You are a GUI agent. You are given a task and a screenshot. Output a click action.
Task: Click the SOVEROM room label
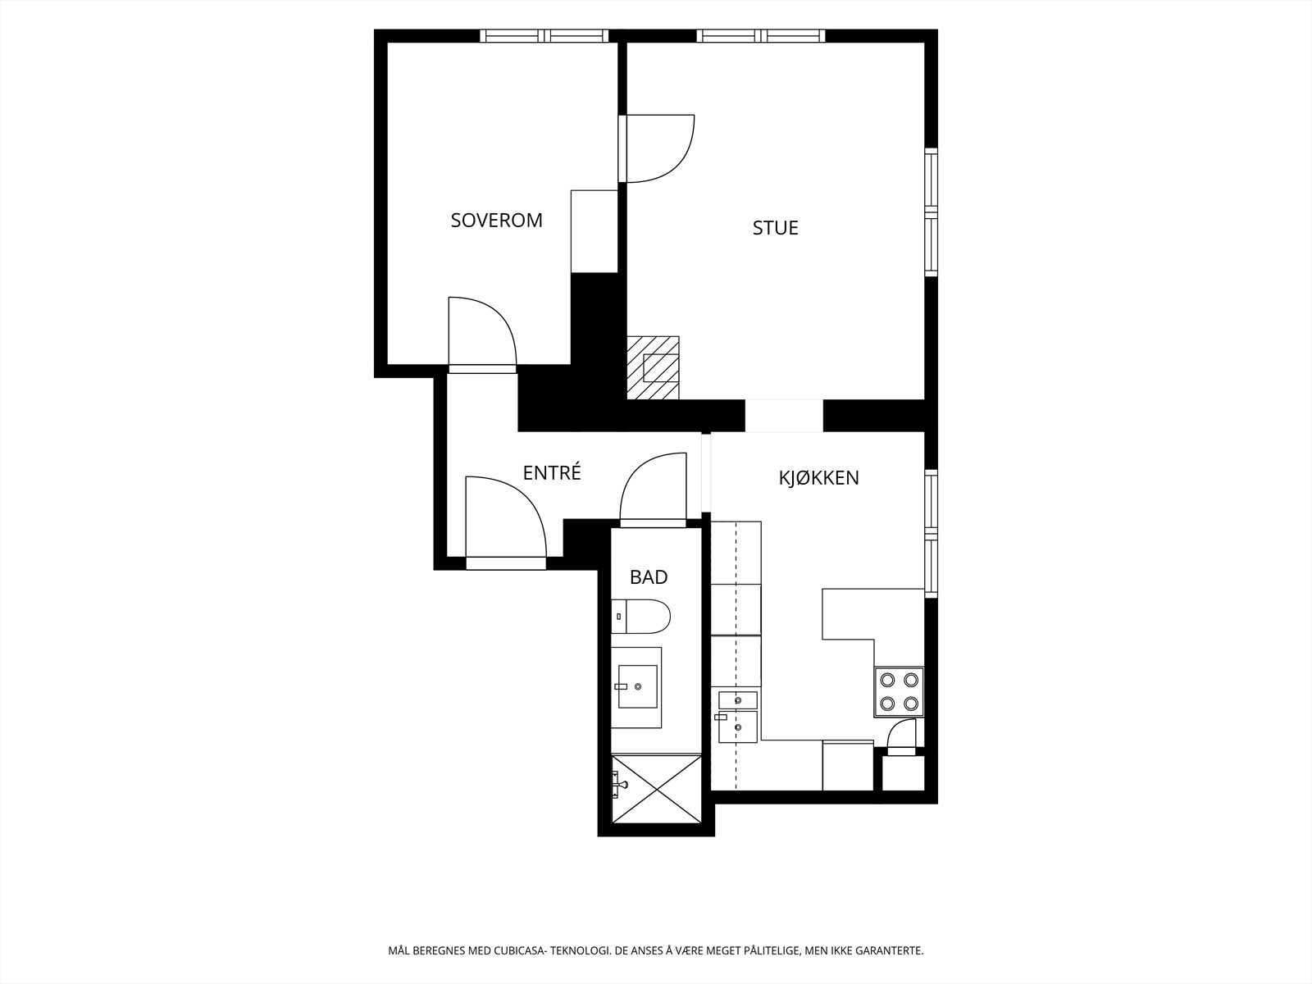click(496, 221)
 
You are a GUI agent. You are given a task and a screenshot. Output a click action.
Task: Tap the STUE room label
click(775, 228)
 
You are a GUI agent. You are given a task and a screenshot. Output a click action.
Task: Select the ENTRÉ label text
click(552, 472)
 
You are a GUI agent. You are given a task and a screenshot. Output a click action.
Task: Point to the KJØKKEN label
click(819, 477)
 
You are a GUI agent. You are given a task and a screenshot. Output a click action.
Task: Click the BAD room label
click(649, 577)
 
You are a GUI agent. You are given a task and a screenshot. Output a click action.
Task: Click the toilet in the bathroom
click(640, 616)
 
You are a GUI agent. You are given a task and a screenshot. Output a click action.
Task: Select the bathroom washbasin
click(636, 687)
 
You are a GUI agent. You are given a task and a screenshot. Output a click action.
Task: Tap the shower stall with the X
click(656, 789)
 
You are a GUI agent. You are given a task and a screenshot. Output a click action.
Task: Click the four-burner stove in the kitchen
click(899, 691)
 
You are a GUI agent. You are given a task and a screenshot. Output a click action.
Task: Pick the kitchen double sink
click(737, 717)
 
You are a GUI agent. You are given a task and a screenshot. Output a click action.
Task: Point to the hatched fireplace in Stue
click(653, 367)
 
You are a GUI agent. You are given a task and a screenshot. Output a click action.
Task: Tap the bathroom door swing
click(653, 490)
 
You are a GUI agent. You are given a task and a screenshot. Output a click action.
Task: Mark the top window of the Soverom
click(544, 36)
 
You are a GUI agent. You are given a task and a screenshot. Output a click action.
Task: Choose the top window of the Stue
click(760, 36)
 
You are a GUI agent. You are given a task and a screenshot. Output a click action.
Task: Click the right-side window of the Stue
click(932, 212)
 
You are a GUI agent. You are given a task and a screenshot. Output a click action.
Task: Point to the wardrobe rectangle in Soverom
click(594, 231)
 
